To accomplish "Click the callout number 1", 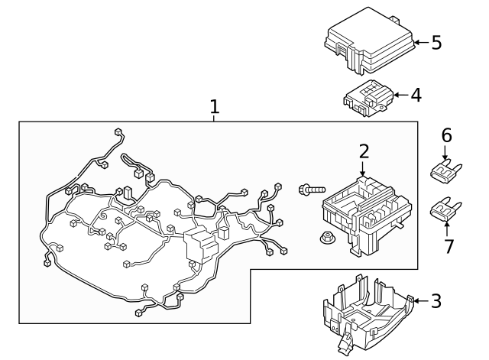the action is pos(214,107).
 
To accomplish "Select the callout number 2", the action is pos(364,151).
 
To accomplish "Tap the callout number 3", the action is pos(436,301).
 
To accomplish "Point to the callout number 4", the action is pos(416,95).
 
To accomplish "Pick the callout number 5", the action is pos(436,43).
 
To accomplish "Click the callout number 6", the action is pos(446,135).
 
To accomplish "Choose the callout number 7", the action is pos(449,246).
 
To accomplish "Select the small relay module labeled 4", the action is pos(368,98).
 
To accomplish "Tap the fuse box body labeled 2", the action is pos(367,216).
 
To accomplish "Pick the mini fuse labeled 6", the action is pos(446,170).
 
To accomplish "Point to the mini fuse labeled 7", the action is pos(446,209).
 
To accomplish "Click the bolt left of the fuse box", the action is pos(312,190).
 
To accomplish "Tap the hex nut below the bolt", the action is pos(328,238).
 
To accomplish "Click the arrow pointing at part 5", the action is pos(422,43).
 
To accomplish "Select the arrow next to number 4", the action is pos(401,95).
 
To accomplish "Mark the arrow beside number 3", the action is pos(420,300).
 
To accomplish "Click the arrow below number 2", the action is pos(362,169).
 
